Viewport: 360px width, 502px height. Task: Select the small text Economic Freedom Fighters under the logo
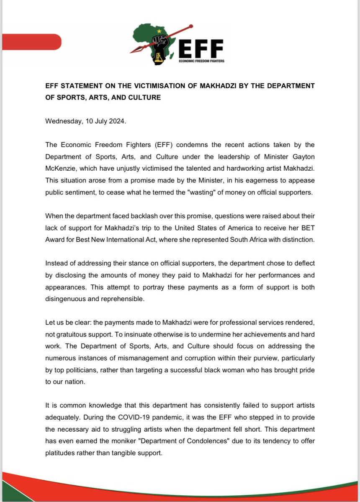pos(201,61)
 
